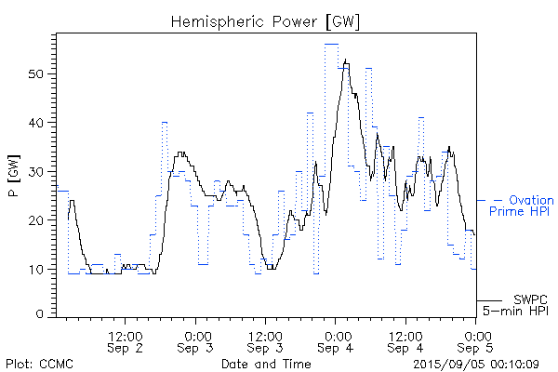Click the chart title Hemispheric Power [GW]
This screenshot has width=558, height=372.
(267, 20)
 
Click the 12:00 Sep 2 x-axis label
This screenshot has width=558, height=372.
(126, 341)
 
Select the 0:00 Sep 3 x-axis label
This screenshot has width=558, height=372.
(196, 341)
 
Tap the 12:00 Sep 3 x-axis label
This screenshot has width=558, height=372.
(266, 341)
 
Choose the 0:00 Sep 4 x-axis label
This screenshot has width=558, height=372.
(336, 341)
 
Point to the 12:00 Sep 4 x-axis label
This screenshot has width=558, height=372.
(405, 341)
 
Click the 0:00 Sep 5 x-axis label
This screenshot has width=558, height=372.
(477, 341)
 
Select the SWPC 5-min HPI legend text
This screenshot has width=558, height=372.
(517, 305)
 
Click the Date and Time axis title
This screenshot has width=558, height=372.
(266, 364)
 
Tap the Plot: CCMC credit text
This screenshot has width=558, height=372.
(38, 364)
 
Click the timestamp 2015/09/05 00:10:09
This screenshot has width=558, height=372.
(477, 364)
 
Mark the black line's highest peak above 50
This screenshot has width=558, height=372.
(346, 61)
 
